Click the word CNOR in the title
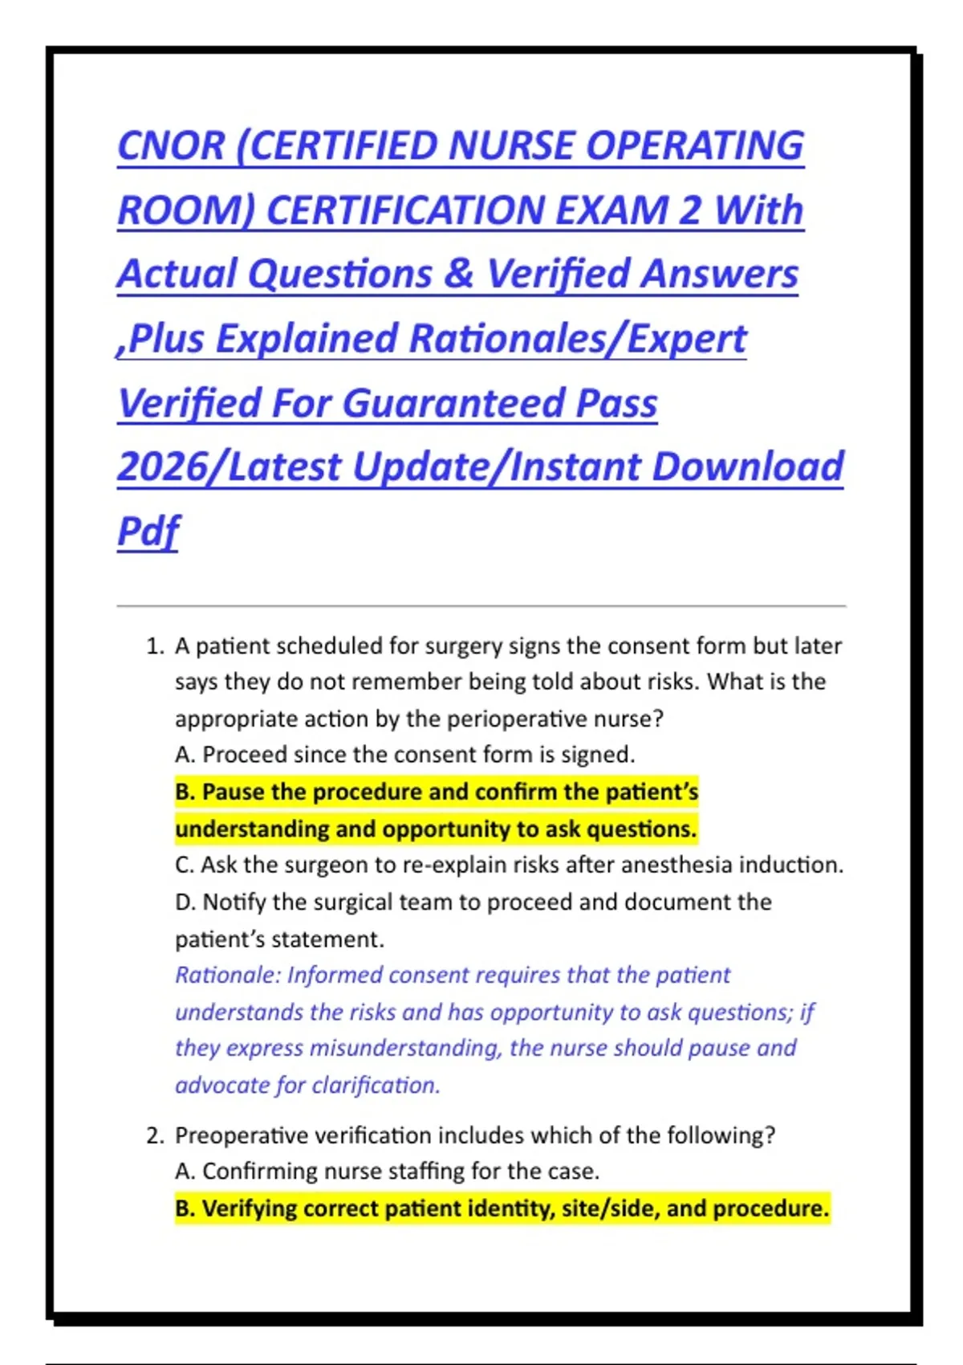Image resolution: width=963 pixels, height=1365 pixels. [x=171, y=146]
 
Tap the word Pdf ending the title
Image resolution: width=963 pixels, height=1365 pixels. [x=148, y=532]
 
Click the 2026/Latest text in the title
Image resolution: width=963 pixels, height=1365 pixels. [x=230, y=467]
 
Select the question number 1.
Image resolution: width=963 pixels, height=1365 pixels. [x=155, y=646]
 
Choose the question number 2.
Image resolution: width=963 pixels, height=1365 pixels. [x=155, y=1135]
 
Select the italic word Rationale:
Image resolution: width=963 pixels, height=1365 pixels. [x=228, y=975]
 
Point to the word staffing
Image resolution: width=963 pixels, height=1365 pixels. [x=426, y=1171]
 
